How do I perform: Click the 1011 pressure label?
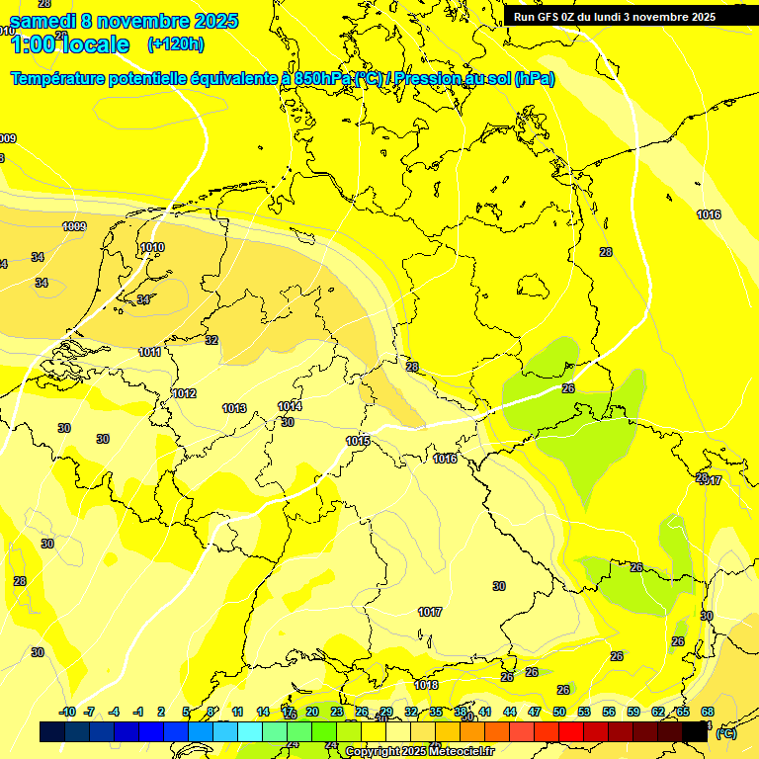[150, 352]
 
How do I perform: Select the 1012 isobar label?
[184, 393]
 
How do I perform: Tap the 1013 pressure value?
[234, 408]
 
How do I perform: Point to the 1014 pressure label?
[290, 406]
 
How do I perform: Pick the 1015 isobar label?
[358, 441]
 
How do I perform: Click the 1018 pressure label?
[426, 685]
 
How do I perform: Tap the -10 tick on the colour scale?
[67, 712]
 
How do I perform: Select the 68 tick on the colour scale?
[708, 712]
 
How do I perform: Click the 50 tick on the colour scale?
[559, 712]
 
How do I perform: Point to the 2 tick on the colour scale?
[161, 712]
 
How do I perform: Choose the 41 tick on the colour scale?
[485, 712]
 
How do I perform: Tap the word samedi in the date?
[43, 21]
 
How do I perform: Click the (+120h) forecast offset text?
[175, 44]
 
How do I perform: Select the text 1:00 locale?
[69, 44]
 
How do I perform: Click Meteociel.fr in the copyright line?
[464, 752]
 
